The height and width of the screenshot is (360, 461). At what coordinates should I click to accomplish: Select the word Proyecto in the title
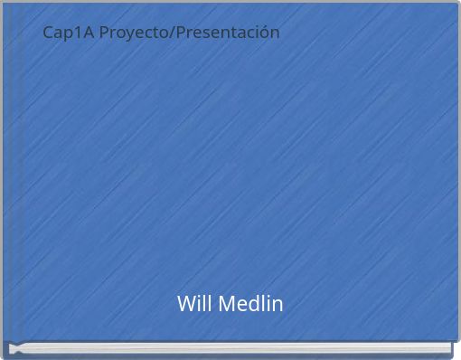[x=135, y=33]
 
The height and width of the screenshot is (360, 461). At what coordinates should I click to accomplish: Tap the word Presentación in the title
[x=229, y=33]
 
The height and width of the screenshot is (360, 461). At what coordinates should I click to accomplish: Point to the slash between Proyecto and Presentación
[x=174, y=33]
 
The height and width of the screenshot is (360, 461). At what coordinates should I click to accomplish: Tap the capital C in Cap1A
[x=49, y=33]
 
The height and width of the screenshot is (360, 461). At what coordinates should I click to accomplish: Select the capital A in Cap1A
[x=85, y=33]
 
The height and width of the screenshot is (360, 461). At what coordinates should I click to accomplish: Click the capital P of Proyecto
[x=104, y=33]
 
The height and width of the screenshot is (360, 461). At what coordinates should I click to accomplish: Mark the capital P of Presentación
[x=183, y=33]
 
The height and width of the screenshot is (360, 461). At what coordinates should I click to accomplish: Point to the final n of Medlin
[x=277, y=305]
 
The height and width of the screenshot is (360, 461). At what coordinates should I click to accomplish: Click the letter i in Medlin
[x=268, y=304]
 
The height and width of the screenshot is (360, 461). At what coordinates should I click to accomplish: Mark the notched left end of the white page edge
[x=13, y=347]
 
